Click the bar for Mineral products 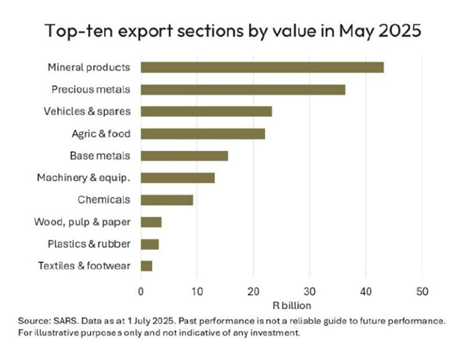pos(262,67)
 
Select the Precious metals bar pos(242,89)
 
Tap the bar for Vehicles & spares pos(206,111)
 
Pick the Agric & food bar pos(202,133)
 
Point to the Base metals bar pos(184,155)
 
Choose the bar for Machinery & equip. pos(177,177)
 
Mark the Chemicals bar pos(166,199)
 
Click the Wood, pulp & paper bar pos(151,221)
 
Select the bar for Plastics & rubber pos(149,243)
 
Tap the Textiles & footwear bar pos(147,265)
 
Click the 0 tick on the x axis pos(141,290)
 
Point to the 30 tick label pos(309,290)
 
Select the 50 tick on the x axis pos(422,290)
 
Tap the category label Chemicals pos(105,199)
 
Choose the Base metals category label pos(100,155)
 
